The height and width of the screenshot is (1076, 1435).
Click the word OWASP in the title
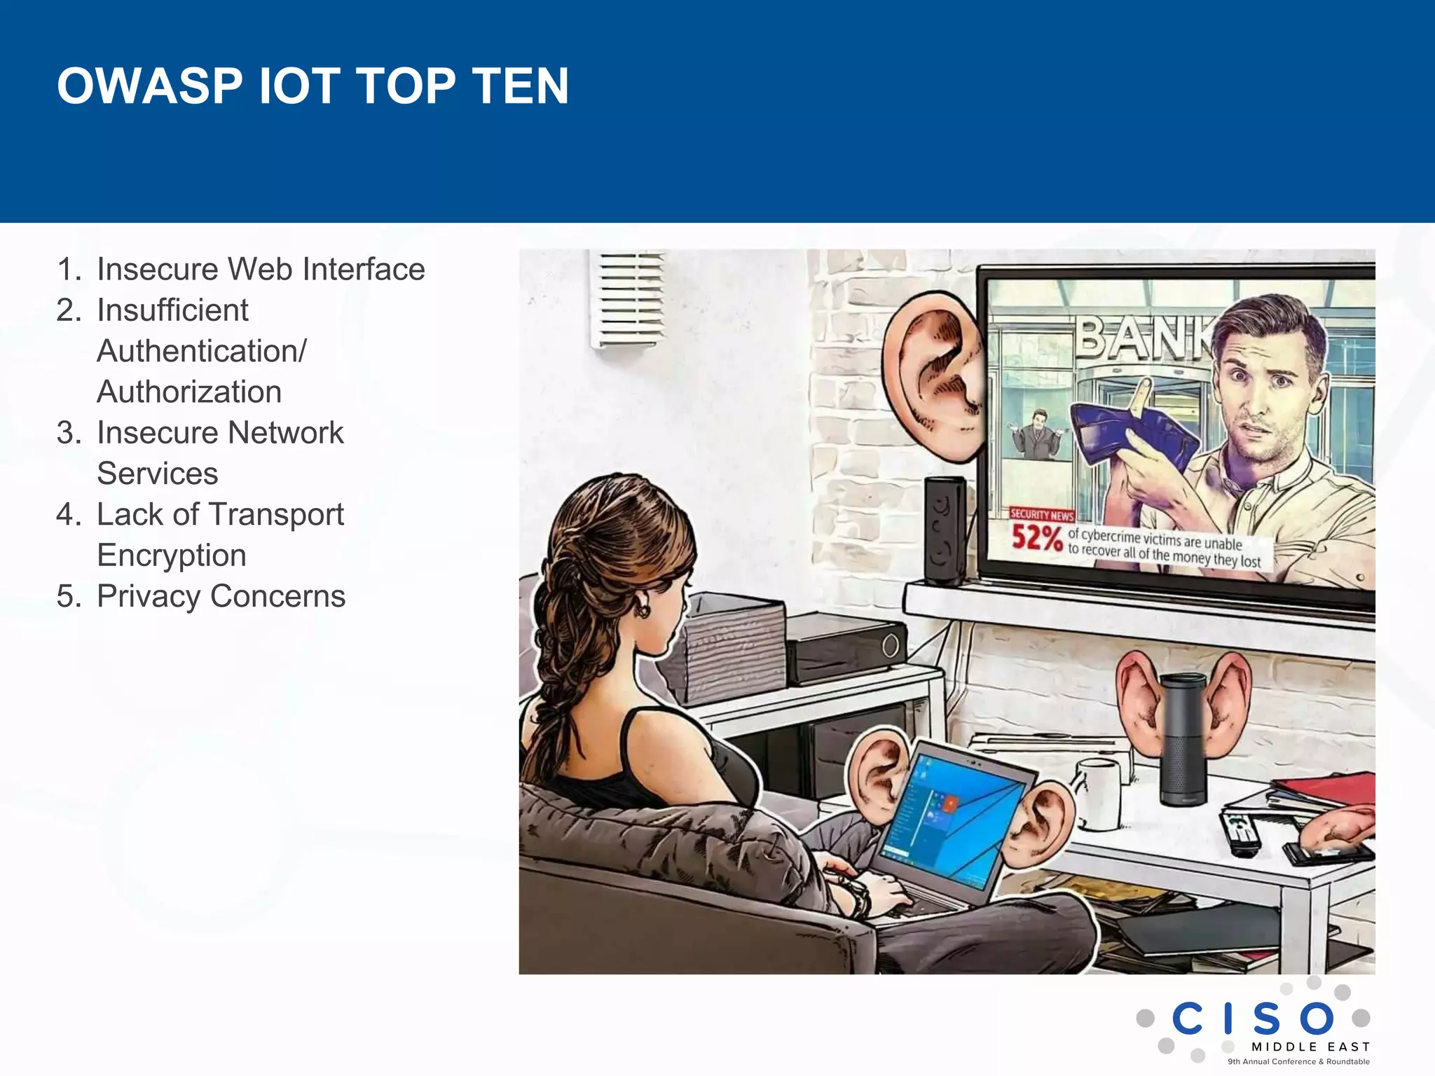coord(150,86)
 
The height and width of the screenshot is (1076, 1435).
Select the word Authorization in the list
coord(189,392)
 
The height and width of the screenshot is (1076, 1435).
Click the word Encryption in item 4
coord(172,556)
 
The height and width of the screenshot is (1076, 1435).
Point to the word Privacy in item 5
coord(147,596)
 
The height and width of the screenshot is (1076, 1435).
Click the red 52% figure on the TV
coord(1036,538)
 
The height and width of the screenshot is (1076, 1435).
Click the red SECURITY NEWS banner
coord(1042,515)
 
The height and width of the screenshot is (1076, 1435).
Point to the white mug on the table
coord(1099,792)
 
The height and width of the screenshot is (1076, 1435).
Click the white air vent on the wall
coord(628,299)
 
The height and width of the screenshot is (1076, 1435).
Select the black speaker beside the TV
coord(945,530)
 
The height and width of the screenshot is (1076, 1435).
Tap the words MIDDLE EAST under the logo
coord(1310,1047)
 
